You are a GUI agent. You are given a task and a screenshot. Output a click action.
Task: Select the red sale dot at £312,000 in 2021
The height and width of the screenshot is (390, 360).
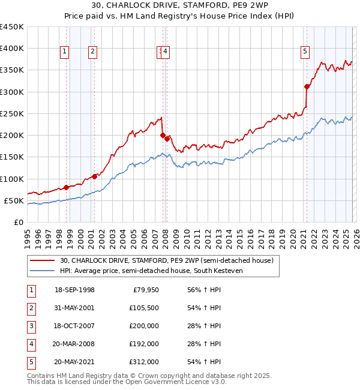[307, 86]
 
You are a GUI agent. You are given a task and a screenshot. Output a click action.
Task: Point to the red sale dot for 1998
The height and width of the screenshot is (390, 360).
[66, 187]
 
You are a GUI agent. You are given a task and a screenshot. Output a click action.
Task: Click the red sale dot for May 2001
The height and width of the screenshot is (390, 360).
[95, 176]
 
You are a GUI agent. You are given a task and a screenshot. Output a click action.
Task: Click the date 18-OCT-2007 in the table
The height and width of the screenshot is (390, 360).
[74, 326]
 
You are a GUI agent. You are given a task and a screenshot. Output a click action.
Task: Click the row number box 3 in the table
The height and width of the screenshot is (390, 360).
[30, 326]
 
